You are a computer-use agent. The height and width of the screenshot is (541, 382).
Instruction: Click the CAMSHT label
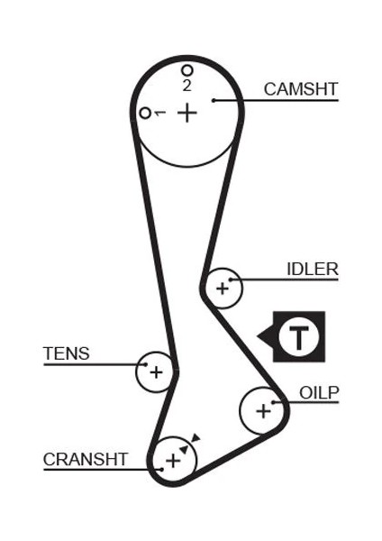(x=300, y=88)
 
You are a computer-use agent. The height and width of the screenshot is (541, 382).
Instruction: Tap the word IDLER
(x=312, y=269)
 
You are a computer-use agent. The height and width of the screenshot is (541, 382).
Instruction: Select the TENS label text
(x=67, y=353)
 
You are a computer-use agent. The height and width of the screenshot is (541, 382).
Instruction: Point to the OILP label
(x=319, y=392)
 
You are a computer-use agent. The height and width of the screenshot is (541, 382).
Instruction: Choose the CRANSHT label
(x=86, y=459)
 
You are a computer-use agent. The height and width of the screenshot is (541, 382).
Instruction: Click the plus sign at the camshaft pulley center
(x=186, y=113)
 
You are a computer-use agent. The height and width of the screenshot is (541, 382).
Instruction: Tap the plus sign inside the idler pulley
(x=222, y=289)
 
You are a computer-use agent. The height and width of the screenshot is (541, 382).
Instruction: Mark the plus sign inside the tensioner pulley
(x=156, y=371)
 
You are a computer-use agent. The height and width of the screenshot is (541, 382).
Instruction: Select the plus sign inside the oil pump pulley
(x=262, y=411)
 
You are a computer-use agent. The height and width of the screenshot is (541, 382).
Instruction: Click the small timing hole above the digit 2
(x=186, y=69)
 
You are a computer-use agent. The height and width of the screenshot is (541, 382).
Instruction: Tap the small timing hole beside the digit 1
(x=144, y=113)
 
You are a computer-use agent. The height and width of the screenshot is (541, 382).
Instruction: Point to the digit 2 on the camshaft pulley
(x=186, y=86)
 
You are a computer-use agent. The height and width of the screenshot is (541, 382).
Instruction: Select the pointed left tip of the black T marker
(x=259, y=337)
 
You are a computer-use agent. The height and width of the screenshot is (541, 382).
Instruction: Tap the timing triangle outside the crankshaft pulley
(x=196, y=438)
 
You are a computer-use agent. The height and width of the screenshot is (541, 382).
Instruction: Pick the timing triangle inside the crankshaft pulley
(x=184, y=448)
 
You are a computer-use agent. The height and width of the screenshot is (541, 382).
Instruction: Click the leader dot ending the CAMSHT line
(x=214, y=99)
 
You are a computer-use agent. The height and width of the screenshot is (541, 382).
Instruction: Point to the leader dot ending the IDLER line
(x=232, y=280)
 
